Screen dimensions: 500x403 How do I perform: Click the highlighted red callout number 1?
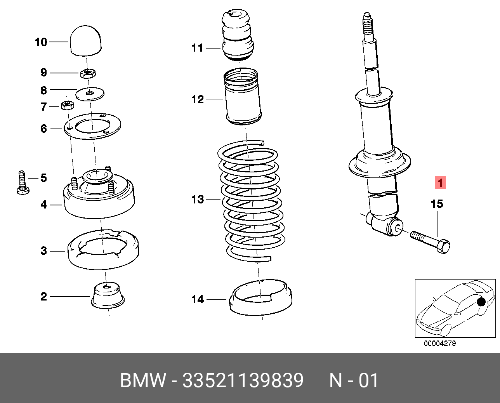(x=440, y=183)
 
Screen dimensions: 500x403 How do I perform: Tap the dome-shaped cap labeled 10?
(x=86, y=41)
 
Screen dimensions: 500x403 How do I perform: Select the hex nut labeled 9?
(x=88, y=74)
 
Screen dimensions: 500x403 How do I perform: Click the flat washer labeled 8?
(x=90, y=94)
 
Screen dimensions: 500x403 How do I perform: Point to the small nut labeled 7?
(x=68, y=106)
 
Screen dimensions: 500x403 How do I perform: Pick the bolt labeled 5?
(x=23, y=182)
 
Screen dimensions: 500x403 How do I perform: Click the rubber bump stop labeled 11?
(x=238, y=35)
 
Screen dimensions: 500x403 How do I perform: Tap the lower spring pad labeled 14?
(x=261, y=297)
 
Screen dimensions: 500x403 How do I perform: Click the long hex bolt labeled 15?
(x=430, y=242)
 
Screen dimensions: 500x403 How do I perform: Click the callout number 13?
(x=197, y=200)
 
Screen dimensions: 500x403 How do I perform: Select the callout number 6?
(x=43, y=129)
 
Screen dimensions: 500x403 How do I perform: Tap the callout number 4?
(x=43, y=205)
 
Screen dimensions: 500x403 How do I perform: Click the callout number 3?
(x=43, y=251)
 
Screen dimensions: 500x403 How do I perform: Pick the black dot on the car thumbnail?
(x=481, y=302)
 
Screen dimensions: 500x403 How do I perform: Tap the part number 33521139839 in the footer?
(x=243, y=380)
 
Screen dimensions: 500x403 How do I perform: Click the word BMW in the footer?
(x=143, y=380)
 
